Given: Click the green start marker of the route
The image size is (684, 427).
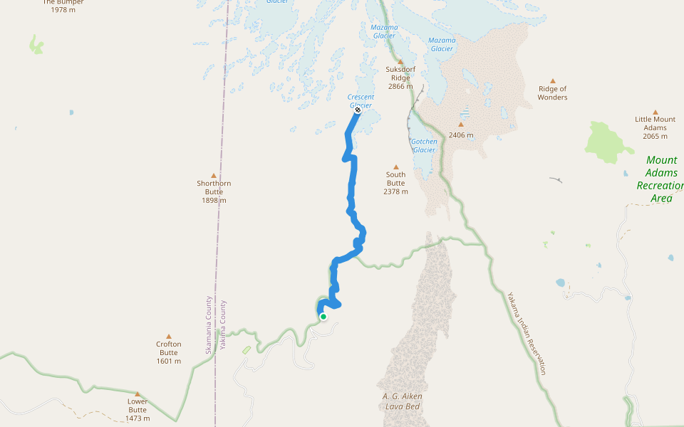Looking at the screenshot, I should [x=323, y=317].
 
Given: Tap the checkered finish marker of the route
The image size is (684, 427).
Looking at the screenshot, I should [x=358, y=110].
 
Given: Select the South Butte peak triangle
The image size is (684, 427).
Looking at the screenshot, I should [x=396, y=167].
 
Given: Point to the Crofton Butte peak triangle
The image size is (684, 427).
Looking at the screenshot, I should [x=169, y=337].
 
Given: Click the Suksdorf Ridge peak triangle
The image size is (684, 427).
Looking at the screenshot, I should [x=400, y=62].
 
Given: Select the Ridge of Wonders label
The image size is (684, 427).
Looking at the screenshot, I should [x=552, y=93].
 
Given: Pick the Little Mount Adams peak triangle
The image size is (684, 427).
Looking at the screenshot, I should [x=655, y=112].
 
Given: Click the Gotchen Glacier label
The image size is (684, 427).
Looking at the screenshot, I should [x=424, y=146].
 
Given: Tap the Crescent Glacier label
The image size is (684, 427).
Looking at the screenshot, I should [x=361, y=101].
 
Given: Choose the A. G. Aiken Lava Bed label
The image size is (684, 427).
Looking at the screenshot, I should [x=402, y=401].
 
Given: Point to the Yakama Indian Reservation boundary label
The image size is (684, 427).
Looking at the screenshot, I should [x=527, y=333].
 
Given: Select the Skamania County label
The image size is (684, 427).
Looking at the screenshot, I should [x=209, y=325].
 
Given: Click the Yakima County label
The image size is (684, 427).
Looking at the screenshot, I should [x=223, y=325].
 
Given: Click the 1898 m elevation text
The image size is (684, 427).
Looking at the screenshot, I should [x=214, y=201].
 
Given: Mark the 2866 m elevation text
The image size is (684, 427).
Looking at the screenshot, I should [x=400, y=87].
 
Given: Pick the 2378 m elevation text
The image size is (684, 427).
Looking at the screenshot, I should [x=395, y=191].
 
